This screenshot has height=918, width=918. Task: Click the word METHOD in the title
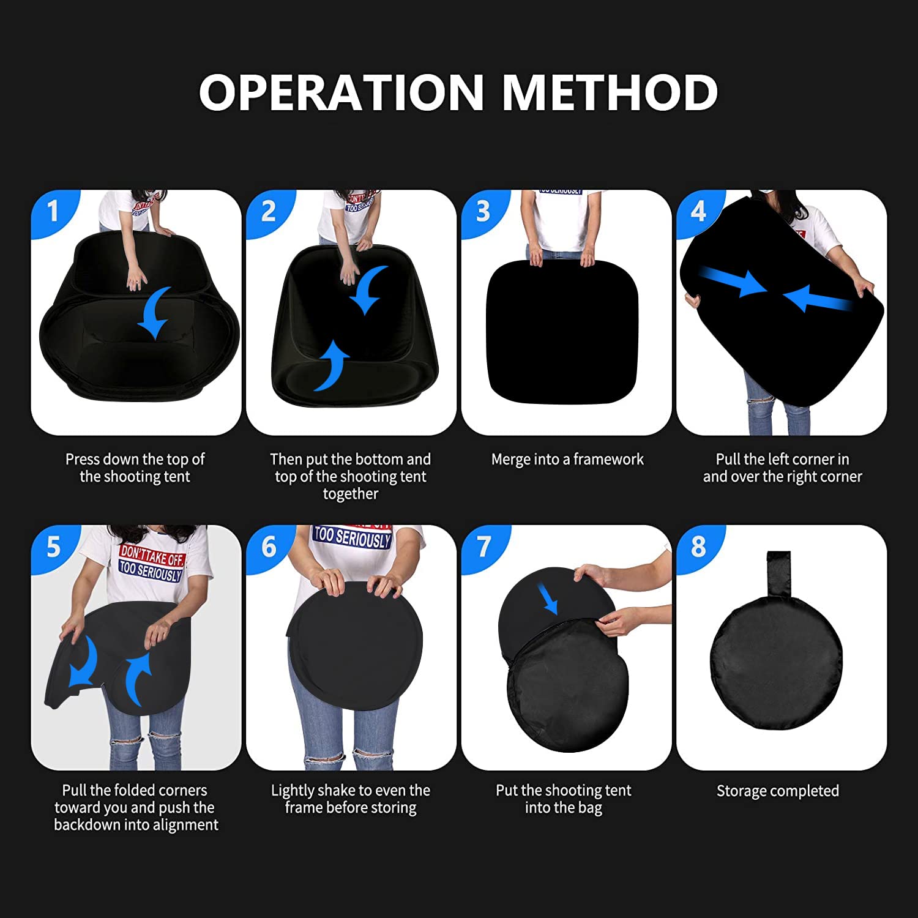point(610,92)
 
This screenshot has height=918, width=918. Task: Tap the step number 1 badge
point(54,211)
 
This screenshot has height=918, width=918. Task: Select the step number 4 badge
point(699,211)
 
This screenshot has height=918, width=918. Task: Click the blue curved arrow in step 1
point(154,312)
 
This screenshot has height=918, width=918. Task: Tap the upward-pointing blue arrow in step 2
point(332,365)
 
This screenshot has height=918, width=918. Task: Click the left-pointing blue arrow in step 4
point(818,299)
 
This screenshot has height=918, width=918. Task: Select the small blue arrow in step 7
point(548,598)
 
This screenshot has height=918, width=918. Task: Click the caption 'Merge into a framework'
point(567,460)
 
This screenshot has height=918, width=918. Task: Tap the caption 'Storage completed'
point(778,791)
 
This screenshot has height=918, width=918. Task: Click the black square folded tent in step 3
point(562,332)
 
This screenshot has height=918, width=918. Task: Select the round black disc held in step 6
point(354,646)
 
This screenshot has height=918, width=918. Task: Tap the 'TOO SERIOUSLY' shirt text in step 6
point(352,537)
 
